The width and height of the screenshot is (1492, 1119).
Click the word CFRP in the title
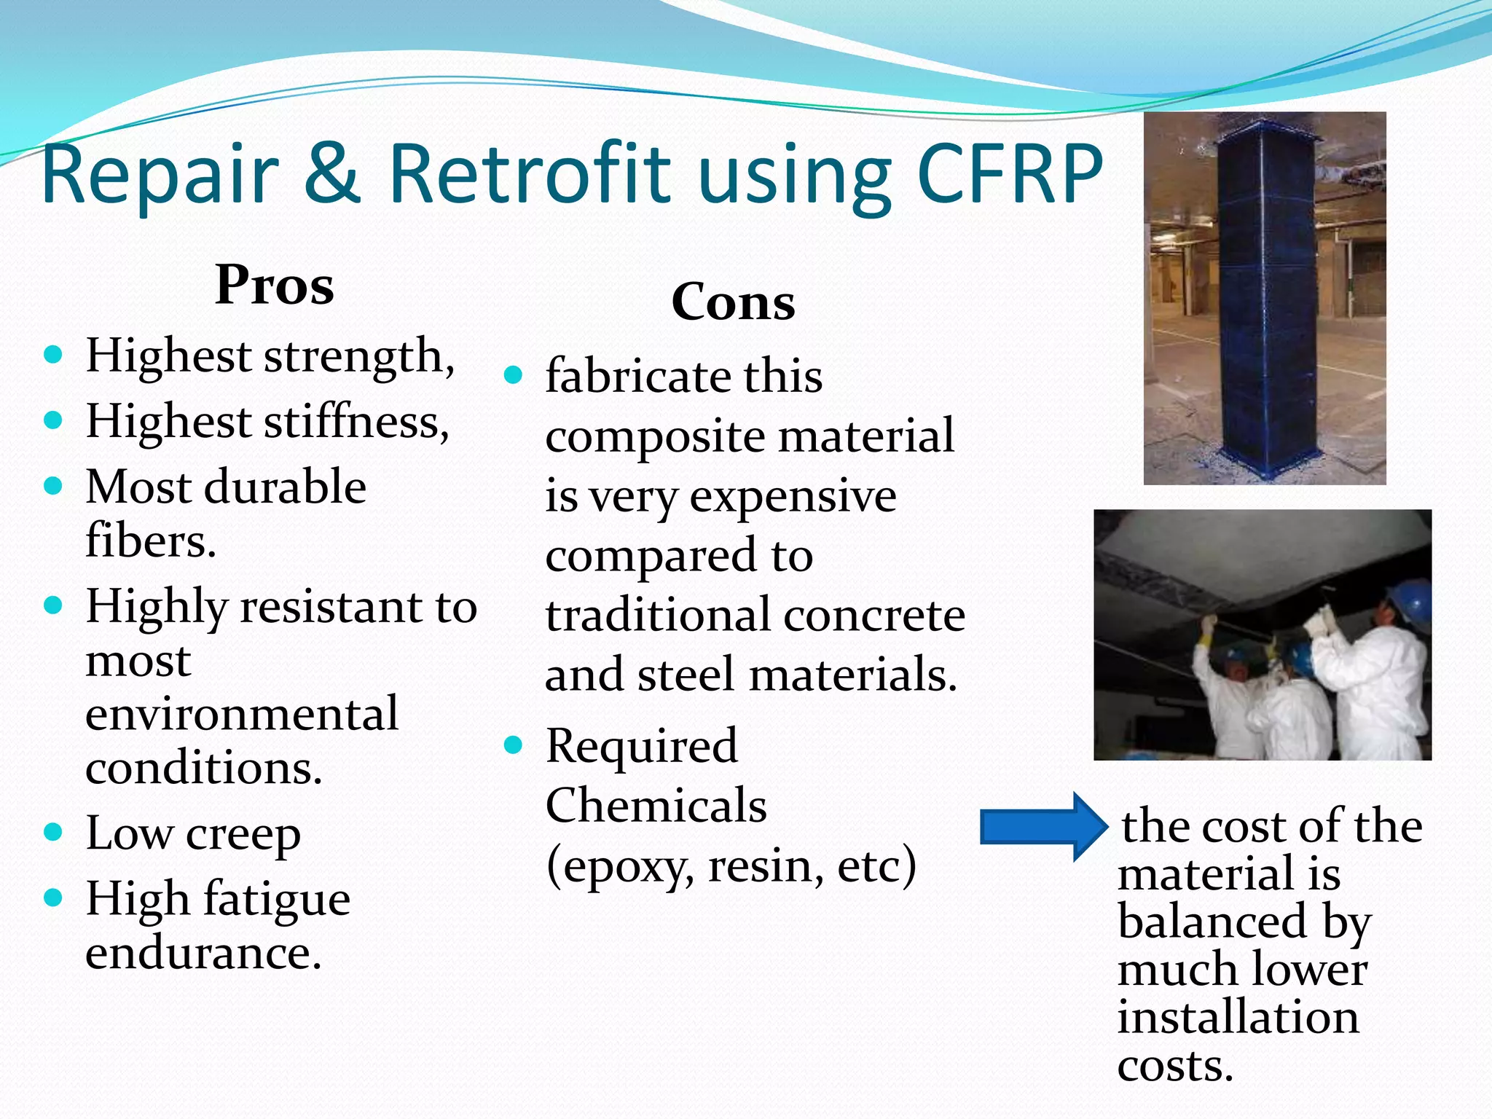point(1009,175)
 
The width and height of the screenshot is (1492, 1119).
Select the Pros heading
point(275,285)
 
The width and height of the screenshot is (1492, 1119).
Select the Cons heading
point(733,302)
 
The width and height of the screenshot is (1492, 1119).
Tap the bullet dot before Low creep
point(53,831)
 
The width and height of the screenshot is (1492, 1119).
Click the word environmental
point(242,714)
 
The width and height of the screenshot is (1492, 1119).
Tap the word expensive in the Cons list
point(793,497)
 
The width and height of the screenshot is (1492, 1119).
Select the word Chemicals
point(656,806)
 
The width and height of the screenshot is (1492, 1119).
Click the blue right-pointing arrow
point(1042,827)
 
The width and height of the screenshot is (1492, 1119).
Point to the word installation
point(1238,1017)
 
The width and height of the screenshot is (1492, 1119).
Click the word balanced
point(1212,922)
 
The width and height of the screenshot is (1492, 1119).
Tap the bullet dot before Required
point(514,745)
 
